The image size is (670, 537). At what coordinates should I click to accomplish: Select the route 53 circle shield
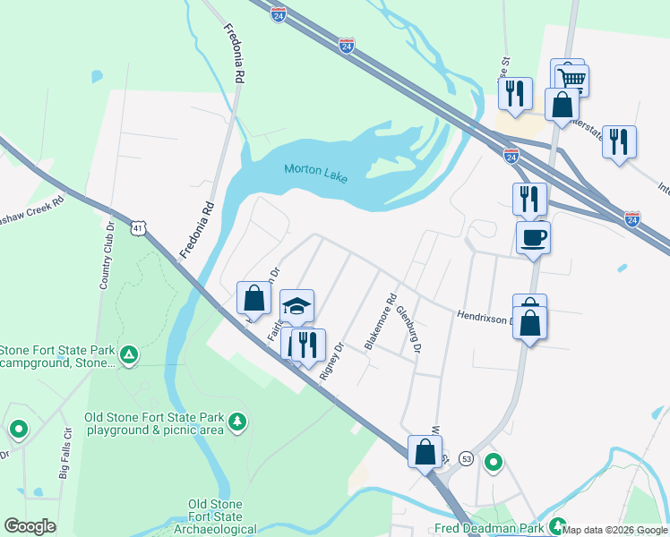[466, 458]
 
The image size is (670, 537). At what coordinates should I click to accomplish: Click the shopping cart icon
[571, 81]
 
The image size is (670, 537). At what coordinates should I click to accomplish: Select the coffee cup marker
[533, 238]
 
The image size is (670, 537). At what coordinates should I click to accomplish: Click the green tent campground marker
[129, 355]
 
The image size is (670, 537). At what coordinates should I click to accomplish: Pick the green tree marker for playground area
[236, 420]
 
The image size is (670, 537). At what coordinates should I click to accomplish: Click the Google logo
[30, 526]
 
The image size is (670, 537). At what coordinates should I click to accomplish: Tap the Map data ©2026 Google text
[614, 530]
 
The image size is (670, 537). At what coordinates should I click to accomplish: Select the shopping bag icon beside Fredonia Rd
[253, 298]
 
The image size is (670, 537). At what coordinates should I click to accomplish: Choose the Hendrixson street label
[484, 316]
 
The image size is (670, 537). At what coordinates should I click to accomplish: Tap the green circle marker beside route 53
[493, 463]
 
